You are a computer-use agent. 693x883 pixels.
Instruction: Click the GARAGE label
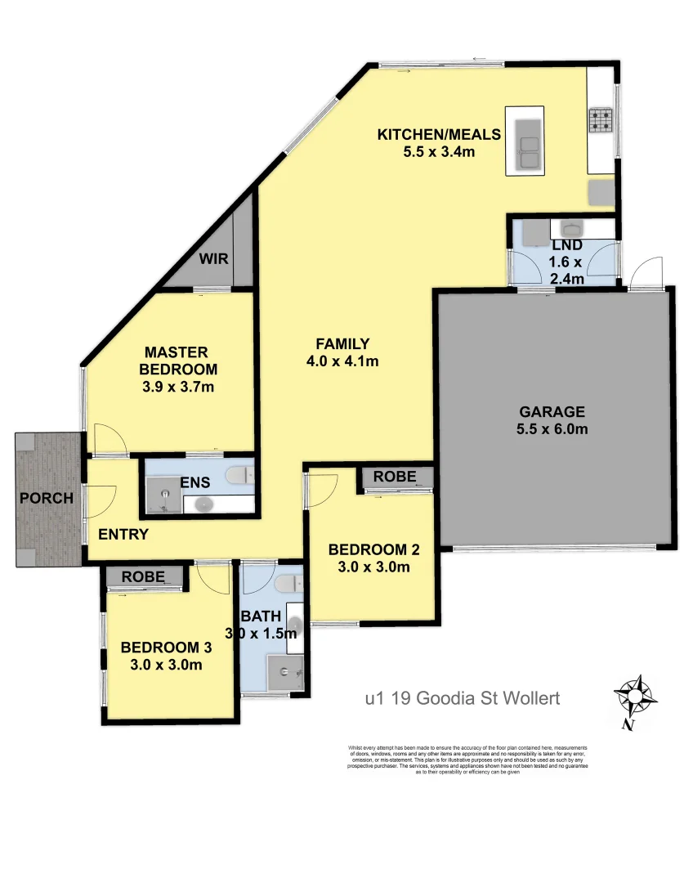pyautogui.click(x=552, y=411)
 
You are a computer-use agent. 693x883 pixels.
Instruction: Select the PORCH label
pyautogui.click(x=47, y=498)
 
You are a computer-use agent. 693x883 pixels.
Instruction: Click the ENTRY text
pyautogui.click(x=123, y=535)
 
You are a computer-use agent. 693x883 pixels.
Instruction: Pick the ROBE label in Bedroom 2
pyautogui.click(x=395, y=477)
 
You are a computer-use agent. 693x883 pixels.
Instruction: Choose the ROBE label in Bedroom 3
pyautogui.click(x=143, y=576)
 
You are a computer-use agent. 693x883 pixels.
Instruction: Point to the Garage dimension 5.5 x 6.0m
pyautogui.click(x=552, y=428)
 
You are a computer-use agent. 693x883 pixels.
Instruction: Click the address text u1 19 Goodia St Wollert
pyautogui.click(x=462, y=698)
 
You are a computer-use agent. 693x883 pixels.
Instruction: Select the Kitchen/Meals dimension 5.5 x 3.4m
pyautogui.click(x=439, y=151)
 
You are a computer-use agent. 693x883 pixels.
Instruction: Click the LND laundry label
pyautogui.click(x=566, y=246)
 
